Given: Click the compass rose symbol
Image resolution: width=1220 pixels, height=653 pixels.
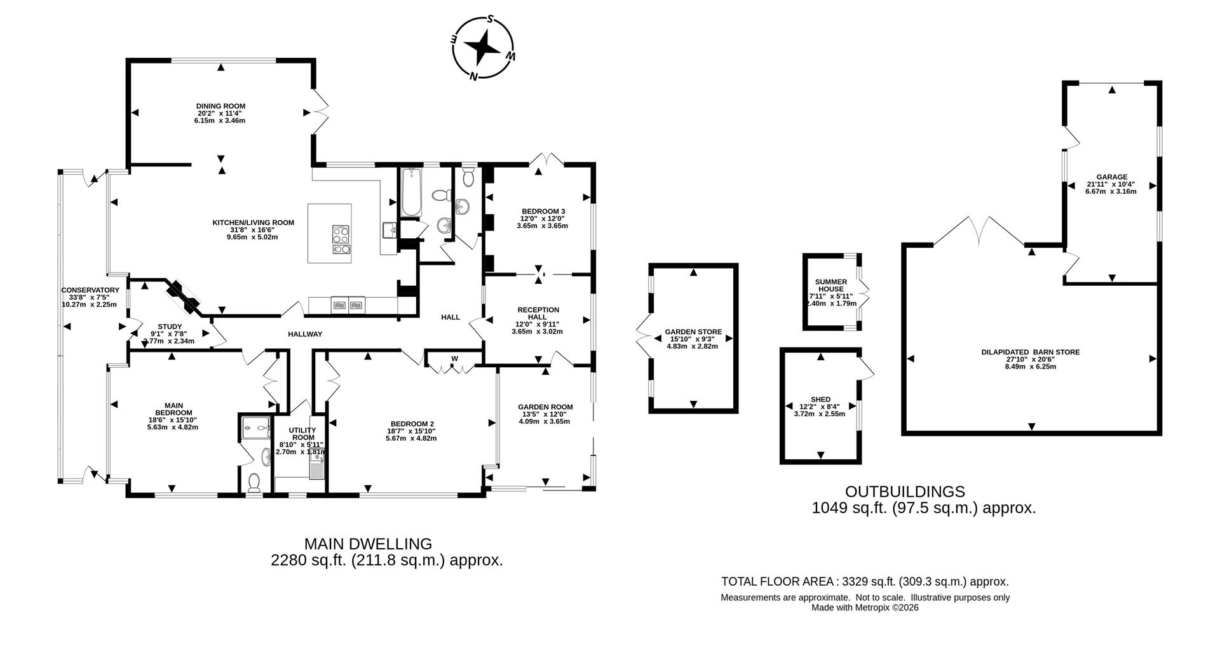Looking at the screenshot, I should click(484, 48).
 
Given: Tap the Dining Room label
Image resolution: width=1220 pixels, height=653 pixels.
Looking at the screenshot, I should click(220, 106).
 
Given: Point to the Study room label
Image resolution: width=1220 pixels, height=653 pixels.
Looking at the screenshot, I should click(170, 326).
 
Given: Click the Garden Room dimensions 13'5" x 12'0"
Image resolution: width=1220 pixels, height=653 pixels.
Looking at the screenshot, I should click(545, 414).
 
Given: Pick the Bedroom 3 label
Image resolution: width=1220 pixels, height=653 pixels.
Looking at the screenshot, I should click(543, 211).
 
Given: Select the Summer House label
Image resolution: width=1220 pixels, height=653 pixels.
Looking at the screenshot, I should click(830, 285).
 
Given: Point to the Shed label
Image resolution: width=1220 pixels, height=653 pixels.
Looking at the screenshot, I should click(820, 400).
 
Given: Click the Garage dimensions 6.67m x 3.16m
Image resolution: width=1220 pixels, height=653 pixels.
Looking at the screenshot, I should click(1111, 191).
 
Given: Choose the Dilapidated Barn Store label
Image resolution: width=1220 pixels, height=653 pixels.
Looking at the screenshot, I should click(1030, 352).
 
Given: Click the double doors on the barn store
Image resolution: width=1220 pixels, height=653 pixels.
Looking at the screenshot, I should click(979, 232).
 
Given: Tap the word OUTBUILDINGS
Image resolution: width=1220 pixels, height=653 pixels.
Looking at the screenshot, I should click(904, 492).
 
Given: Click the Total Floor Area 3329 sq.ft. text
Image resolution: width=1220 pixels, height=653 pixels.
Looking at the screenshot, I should click(864, 581).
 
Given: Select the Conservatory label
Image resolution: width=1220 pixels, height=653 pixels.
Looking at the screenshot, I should click(90, 290).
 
